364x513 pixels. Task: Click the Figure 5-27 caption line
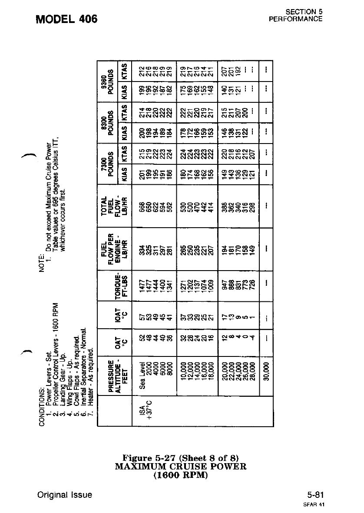click(x=181, y=458)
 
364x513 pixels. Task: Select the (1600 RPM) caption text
click(x=181, y=475)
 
